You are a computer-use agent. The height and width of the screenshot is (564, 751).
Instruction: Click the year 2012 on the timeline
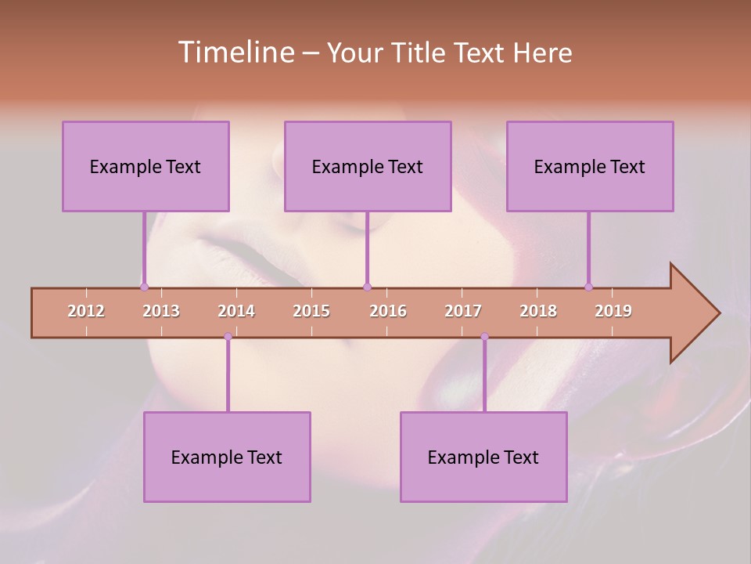coord(86,311)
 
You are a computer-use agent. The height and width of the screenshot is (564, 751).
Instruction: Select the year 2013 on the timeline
coord(161,311)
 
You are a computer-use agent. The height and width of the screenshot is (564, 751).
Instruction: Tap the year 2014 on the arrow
coord(236,311)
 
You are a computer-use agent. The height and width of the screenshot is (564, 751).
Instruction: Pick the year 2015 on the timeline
coord(311,311)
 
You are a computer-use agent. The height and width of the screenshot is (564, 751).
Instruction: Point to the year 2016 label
coord(388,311)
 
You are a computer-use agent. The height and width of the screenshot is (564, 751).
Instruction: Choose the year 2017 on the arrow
coord(463,311)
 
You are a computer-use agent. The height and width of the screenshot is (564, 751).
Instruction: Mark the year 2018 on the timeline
coord(538,311)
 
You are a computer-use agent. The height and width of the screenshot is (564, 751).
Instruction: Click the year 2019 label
coord(613,311)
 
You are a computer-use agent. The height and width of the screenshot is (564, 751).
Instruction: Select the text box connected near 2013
coord(146,166)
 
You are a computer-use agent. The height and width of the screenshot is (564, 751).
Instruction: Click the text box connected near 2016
coord(368,166)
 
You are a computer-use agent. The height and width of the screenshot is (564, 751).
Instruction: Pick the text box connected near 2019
coord(590,166)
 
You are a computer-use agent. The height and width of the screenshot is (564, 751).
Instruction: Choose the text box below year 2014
coord(227,457)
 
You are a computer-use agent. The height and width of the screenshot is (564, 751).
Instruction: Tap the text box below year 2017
coord(483,457)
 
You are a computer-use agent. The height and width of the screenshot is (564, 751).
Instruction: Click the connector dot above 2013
coord(145,287)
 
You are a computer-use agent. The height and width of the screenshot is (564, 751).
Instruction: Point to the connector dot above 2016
coord(367,287)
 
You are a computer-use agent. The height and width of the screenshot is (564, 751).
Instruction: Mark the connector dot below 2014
coord(228,337)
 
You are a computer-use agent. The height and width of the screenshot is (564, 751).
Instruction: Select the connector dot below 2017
coord(484,337)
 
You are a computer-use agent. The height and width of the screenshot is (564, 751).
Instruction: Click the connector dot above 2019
coord(589,287)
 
